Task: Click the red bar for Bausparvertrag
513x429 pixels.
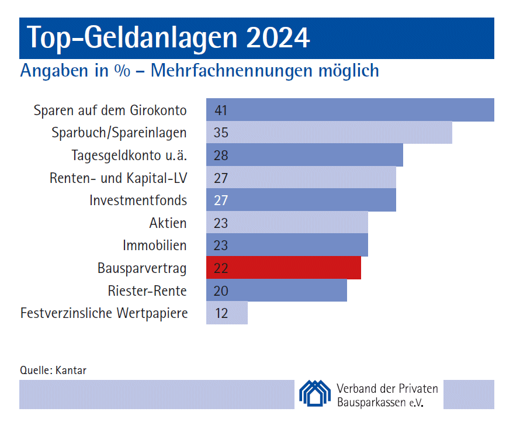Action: pos(283,268)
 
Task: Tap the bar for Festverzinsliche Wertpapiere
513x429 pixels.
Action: pos(227,313)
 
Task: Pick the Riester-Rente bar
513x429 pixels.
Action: pos(276,290)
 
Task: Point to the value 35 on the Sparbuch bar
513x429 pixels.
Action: pos(221,133)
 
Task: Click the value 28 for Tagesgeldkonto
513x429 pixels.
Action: pos(221,155)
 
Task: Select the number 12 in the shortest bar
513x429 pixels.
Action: pos(221,313)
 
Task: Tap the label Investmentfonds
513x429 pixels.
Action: pos(138,200)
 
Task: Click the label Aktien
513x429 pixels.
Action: pos(168,223)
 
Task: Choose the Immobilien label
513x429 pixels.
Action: pos(154,245)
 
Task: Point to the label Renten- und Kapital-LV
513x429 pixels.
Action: pos(118,178)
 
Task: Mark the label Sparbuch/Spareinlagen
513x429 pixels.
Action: pos(119,133)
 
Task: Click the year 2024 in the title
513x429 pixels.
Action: pos(278,37)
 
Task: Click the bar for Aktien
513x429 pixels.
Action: pos(287,223)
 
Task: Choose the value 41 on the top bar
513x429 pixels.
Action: pos(221,110)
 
